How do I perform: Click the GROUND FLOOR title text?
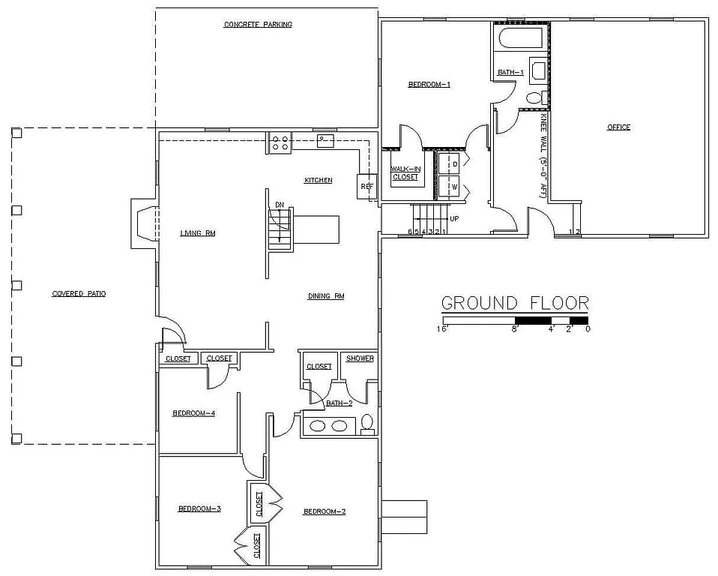(514, 303)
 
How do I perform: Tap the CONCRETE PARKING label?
(258, 25)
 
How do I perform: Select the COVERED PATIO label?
(79, 294)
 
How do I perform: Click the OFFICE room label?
(618, 127)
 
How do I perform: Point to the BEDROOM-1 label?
(429, 85)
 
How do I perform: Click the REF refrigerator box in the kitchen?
(367, 186)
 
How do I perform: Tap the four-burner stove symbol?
(280, 142)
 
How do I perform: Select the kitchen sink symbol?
(325, 141)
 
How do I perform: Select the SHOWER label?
(360, 358)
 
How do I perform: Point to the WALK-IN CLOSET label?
(405, 173)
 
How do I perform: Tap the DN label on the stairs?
(280, 204)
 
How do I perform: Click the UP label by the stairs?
(453, 219)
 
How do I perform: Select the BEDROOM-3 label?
(199, 509)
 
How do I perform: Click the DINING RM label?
(326, 296)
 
